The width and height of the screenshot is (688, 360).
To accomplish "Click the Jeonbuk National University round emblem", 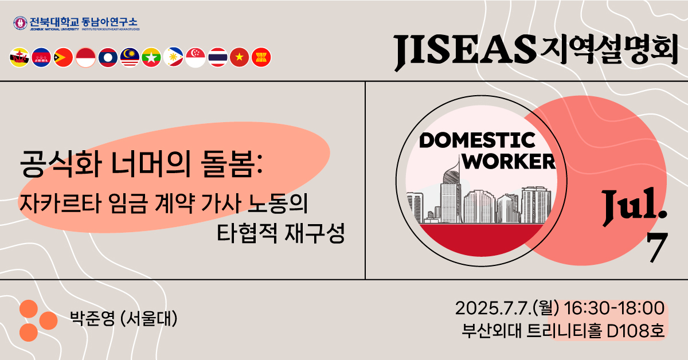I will point(21,24).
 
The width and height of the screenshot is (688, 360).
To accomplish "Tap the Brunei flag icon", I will point(20,57).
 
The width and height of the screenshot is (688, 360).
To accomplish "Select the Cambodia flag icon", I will point(42,57).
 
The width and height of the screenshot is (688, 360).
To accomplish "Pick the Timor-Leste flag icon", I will point(64,57).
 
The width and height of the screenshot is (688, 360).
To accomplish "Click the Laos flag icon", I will point(108,57).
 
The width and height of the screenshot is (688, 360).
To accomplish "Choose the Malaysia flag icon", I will point(130,57).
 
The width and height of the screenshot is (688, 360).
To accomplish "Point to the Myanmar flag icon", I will point(151,57).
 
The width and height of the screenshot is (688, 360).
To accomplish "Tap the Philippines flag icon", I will point(173,57).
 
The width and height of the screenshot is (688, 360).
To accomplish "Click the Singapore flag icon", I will point(196,57).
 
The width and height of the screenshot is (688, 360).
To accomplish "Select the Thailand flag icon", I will point(217,57).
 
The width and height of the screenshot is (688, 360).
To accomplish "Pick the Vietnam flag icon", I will point(239,57).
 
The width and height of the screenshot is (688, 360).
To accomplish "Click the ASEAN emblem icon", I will point(261,57).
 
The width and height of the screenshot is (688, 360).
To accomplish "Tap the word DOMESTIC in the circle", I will point(477,140).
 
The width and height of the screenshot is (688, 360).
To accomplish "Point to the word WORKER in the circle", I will point(509,161).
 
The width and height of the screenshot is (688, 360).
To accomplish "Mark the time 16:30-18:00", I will point(614,308).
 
